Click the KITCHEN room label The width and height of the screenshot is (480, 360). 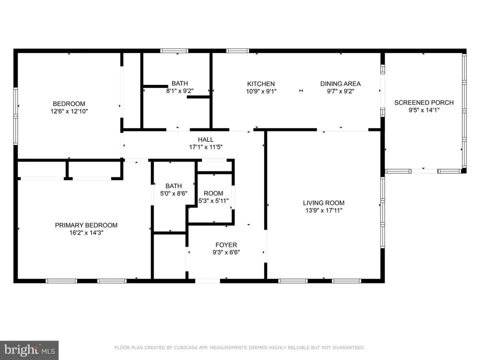[x=261, y=84]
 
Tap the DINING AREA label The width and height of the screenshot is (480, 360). [x=340, y=83]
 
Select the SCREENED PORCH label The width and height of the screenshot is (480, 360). [x=424, y=102]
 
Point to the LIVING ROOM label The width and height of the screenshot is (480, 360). [x=323, y=202]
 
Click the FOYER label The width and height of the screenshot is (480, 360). [x=226, y=245]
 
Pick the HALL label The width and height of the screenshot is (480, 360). [x=205, y=139]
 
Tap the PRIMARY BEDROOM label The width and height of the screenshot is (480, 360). [x=86, y=225]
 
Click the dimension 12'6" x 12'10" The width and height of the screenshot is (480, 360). [x=69, y=111]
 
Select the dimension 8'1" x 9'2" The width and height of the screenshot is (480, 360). [x=179, y=91]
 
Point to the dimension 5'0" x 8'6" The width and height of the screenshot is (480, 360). [x=173, y=193]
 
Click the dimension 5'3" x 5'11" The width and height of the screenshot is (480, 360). [x=213, y=201]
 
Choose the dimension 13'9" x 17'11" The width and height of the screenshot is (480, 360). [x=323, y=210]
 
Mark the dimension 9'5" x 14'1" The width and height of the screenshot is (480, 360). [x=424, y=110]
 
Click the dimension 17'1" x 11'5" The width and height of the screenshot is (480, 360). [x=205, y=147]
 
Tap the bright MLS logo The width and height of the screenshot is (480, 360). [x=29, y=350]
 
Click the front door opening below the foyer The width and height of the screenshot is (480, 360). [x=207, y=280]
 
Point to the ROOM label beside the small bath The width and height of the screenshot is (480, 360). [x=213, y=193]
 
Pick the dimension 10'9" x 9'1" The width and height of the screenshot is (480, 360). [x=261, y=91]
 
